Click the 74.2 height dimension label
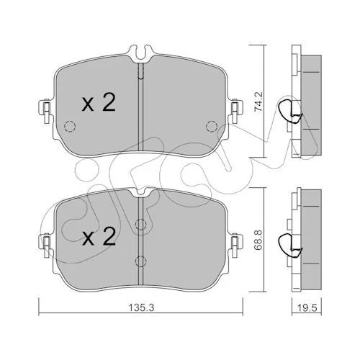pyautogui.click(x=259, y=102)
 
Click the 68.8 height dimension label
pyautogui.click(x=259, y=240)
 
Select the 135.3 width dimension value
pyautogui.click(x=141, y=307)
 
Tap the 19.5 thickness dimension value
pyautogui.click(x=307, y=307)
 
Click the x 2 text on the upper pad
pyautogui.click(x=99, y=102)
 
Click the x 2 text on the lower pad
pyautogui.click(x=99, y=236)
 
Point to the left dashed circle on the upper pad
pyautogui.click(x=70, y=126)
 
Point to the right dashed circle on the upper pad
pyautogui.click(x=212, y=126)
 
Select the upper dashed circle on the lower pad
pyautogui.click(x=141, y=225)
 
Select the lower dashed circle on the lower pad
pyautogui.click(x=141, y=261)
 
